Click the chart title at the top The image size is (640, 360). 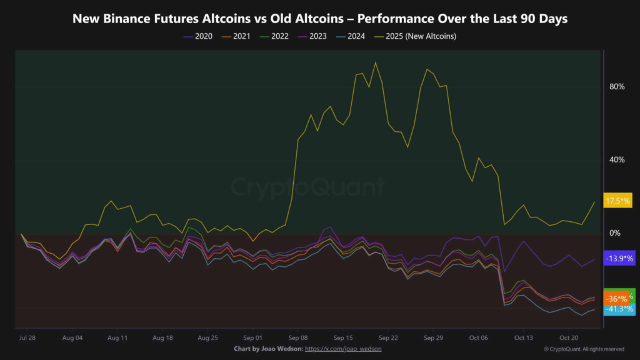pos(320,18)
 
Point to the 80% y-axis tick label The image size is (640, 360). pos(617,86)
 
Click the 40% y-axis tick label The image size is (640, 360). pos(617,160)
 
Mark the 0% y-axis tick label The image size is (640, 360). pos(615,233)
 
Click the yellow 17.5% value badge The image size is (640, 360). pos(617,201)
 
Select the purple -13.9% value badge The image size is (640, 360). pos(619,258)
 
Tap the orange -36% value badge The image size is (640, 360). pos(617,299)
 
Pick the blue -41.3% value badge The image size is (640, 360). pos(619,309)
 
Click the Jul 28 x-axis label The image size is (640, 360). pos(26,337)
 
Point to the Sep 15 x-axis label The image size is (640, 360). pos(343,337)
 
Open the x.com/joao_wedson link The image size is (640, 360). pos(343,349)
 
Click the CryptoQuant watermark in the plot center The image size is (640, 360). pos(309,187)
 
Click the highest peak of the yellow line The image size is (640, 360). pos(375,62)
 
